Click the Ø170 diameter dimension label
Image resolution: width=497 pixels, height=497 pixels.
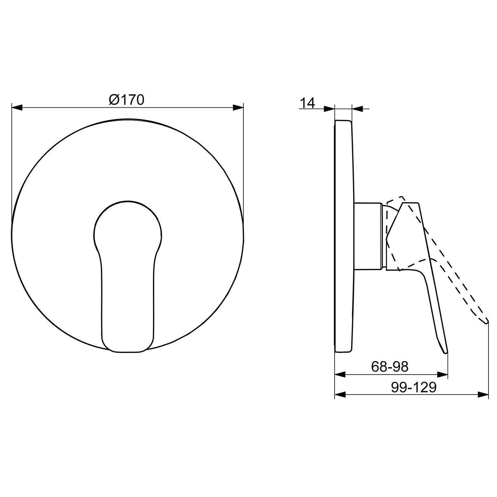click(x=126, y=100)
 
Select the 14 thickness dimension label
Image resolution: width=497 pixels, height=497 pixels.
click(x=307, y=103)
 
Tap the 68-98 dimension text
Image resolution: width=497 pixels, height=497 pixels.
click(x=390, y=367)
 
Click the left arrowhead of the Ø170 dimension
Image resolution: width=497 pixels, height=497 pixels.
click(x=17, y=108)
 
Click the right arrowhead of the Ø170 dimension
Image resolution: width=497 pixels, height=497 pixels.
click(x=238, y=108)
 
